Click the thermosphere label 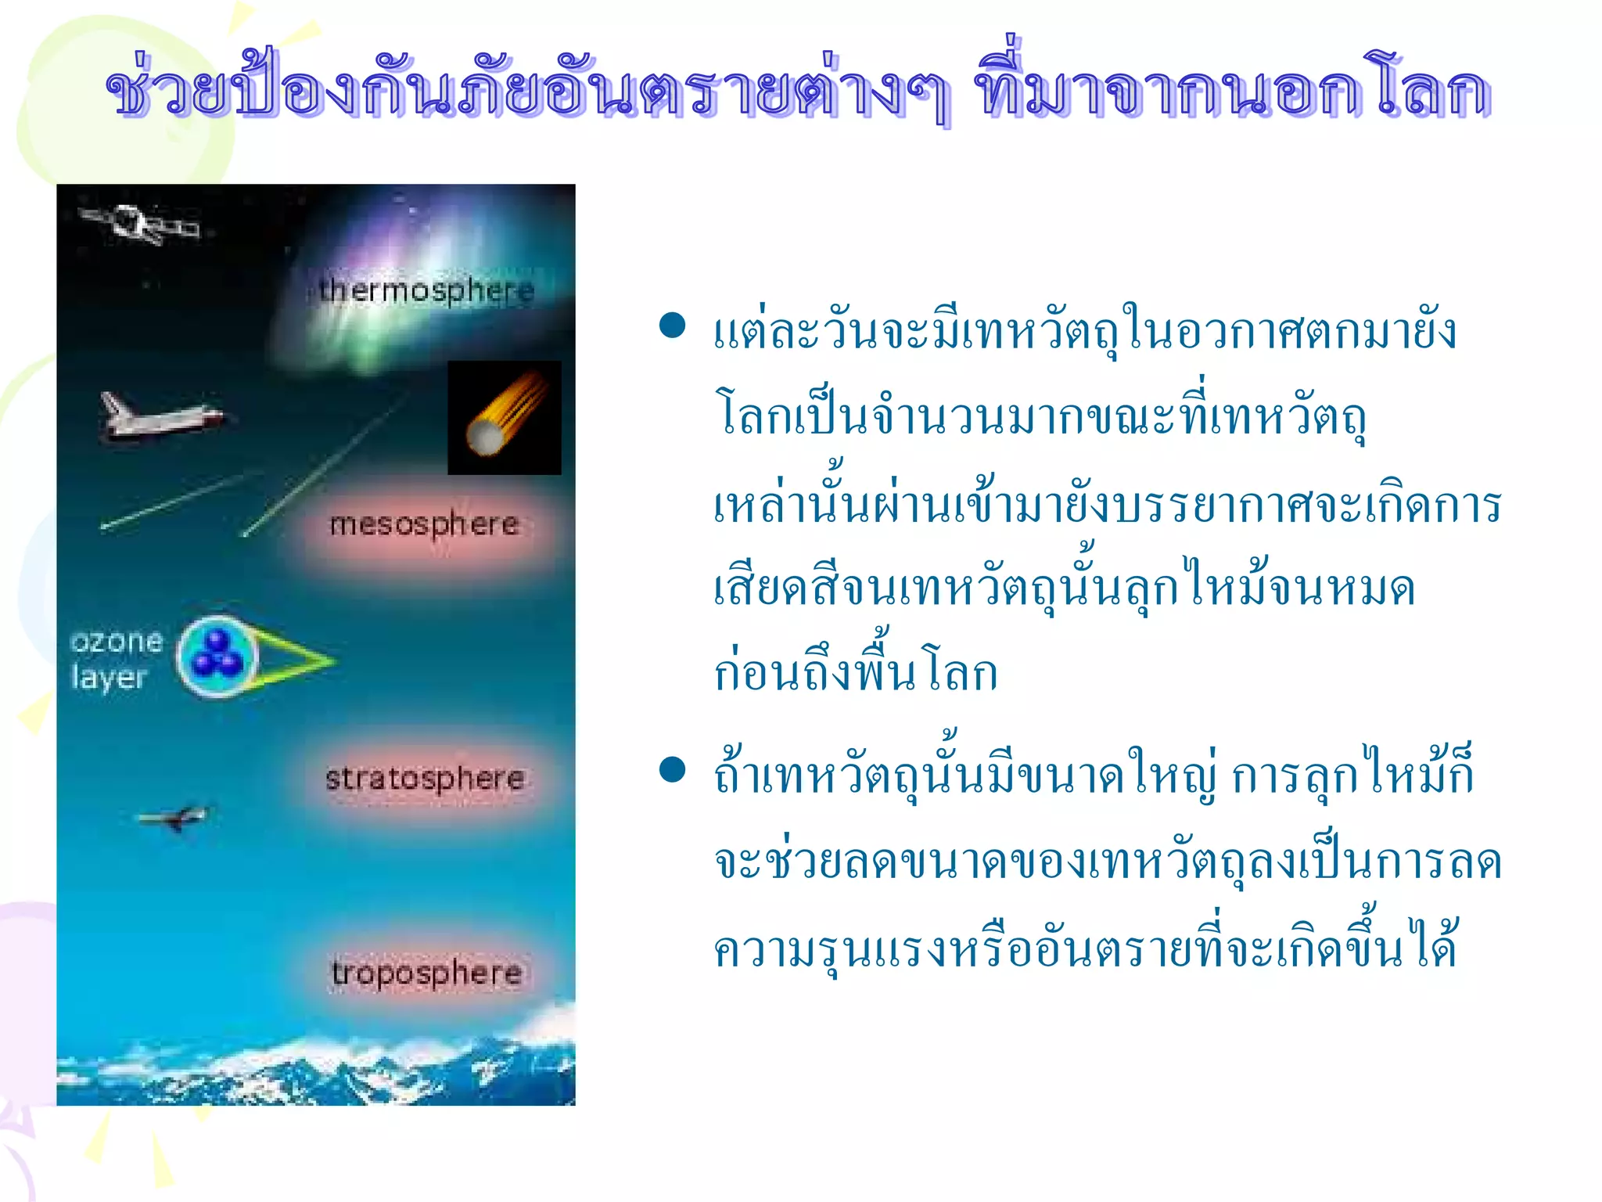pos(426,290)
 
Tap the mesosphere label pos(424,524)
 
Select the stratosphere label pos(425,778)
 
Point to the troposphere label pos(426,973)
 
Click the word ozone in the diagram pos(117,642)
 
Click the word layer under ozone pos(109,678)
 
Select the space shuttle pos(160,416)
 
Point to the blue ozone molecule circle pos(217,657)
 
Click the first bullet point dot pos(672,325)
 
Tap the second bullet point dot pos(672,770)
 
